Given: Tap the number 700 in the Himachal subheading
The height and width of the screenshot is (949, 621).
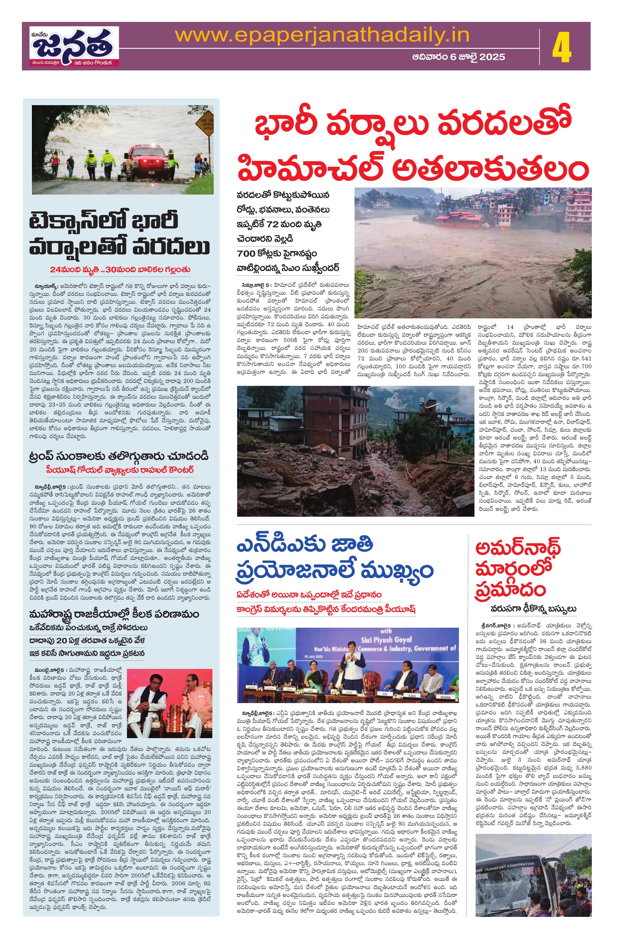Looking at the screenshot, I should [247, 253].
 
